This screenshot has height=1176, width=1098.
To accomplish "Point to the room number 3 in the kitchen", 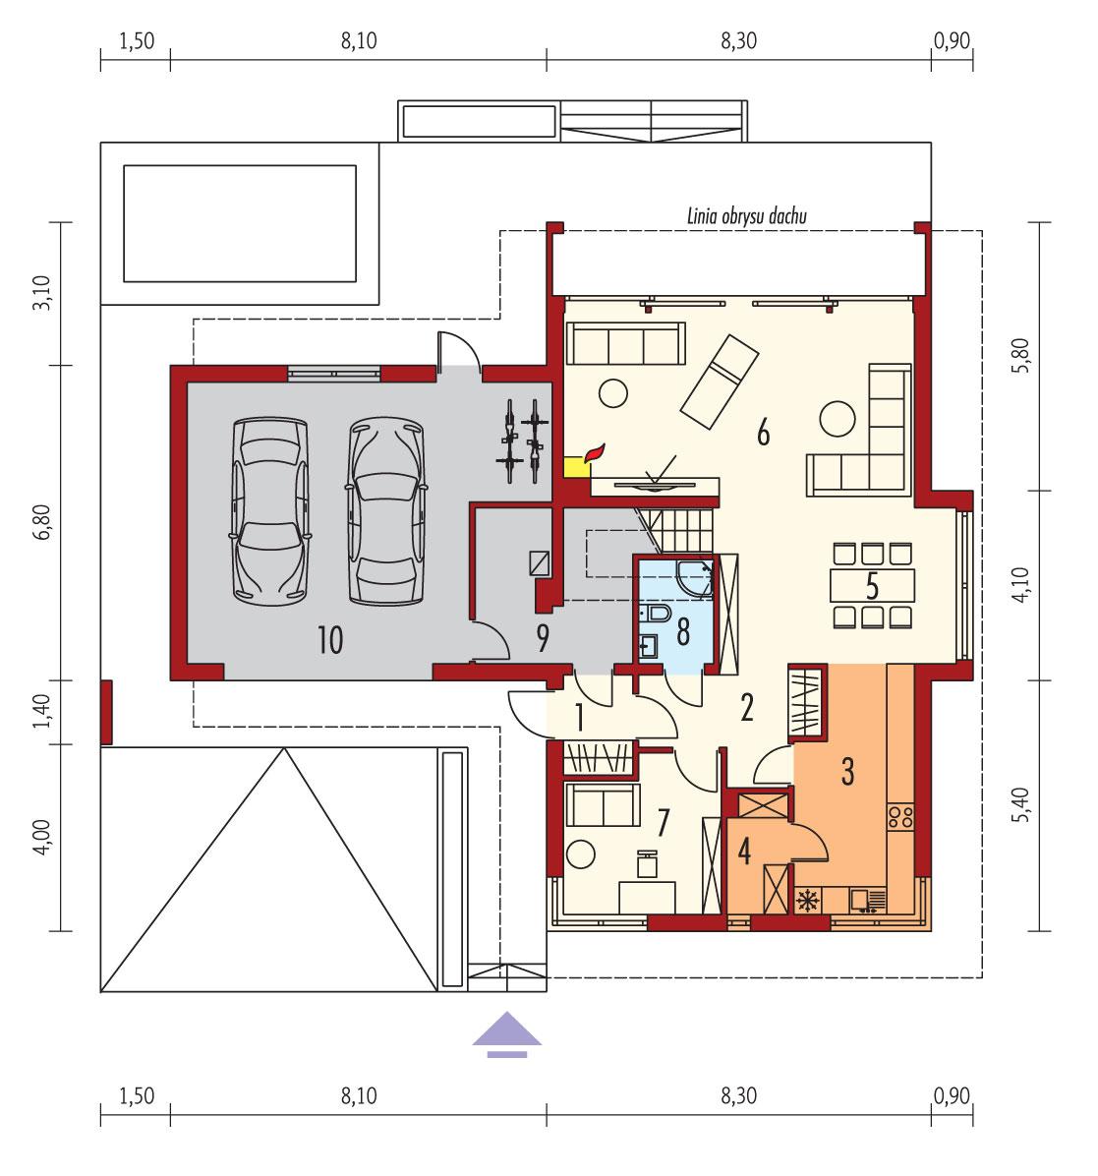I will pos(846,771).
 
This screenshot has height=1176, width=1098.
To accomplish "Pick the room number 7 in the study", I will pos(663,823).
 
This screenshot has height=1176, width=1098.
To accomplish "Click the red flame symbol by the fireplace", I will pos(594,453).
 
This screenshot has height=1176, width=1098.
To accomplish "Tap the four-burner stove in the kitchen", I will pos(900,815).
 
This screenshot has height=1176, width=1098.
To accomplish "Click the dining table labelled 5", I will pos(871,585).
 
